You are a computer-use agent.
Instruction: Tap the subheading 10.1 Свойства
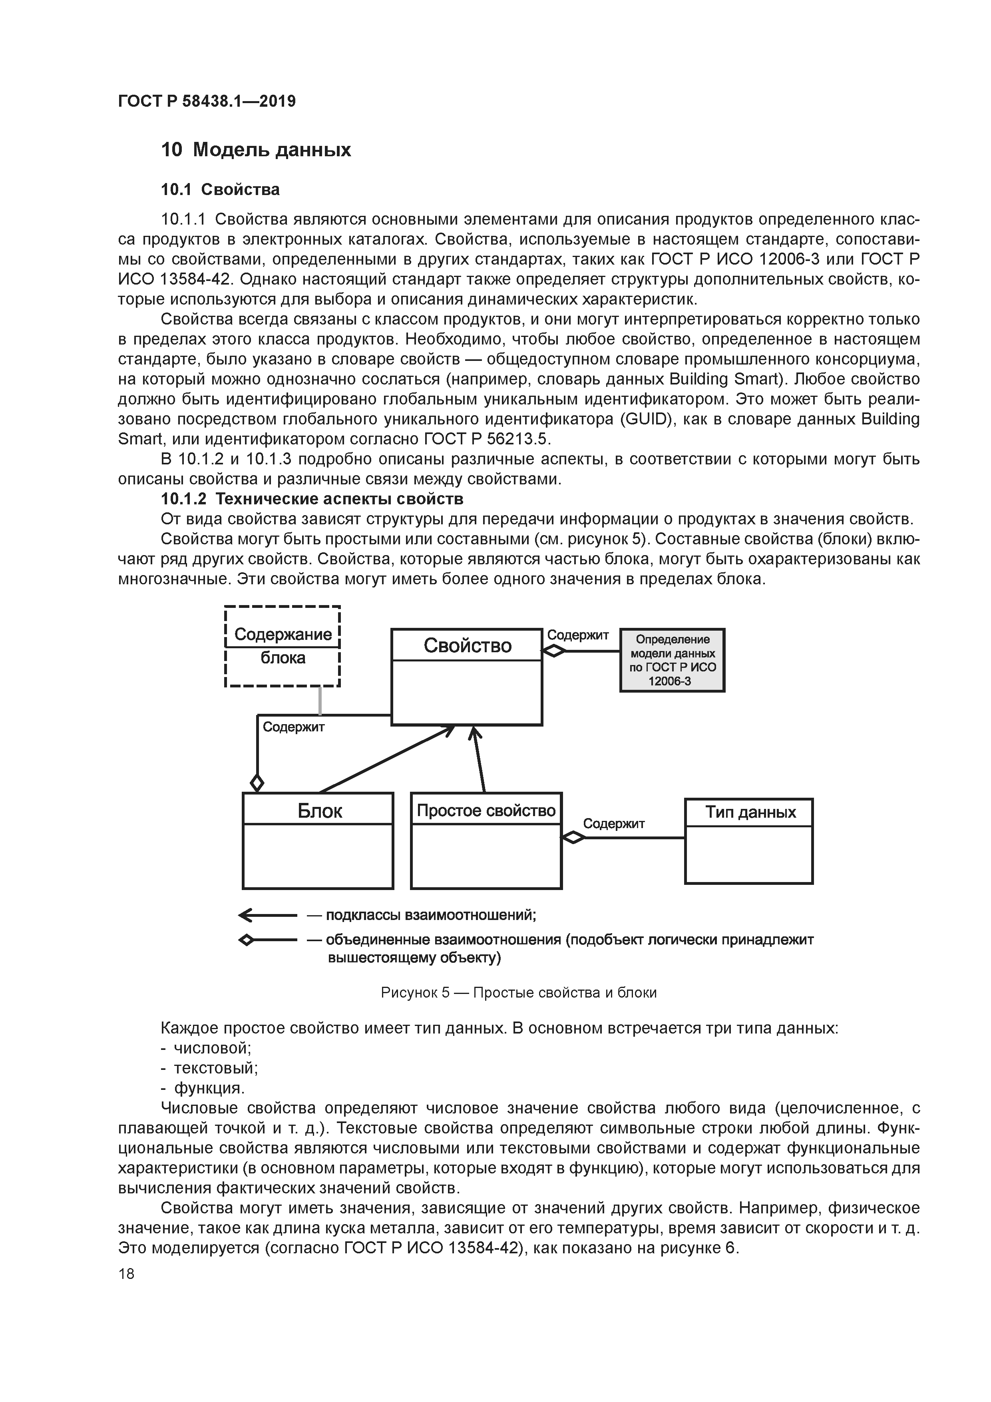(220, 189)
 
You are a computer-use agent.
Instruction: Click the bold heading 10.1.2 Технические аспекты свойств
(312, 499)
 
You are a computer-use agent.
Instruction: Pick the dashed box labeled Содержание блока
(282, 646)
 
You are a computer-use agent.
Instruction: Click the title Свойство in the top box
(467, 645)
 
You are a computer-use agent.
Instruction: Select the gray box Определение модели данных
(672, 660)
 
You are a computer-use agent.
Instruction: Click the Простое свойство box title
(486, 810)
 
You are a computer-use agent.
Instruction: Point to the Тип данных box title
(750, 812)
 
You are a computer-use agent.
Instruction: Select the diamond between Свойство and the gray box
(554, 651)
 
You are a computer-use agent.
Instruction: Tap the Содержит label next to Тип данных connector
(614, 824)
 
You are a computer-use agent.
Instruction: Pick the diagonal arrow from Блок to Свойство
(386, 759)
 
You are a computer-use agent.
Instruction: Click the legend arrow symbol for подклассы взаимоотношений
(267, 915)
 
